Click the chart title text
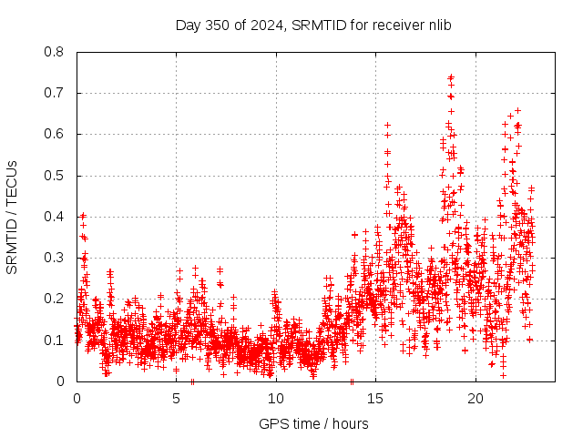coord(313,25)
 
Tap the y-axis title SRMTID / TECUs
coord(12,217)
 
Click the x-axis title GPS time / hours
coord(313,423)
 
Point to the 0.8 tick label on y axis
coord(55,52)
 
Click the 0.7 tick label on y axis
coord(55,93)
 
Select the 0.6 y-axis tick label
coord(55,134)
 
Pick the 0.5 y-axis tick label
coord(55,175)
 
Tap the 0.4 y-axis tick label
coord(55,217)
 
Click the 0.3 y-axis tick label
coord(55,258)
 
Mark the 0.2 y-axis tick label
coord(55,299)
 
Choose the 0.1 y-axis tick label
coord(55,340)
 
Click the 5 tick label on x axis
coord(176,399)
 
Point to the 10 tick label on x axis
coord(275,399)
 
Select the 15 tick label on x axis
coord(375,399)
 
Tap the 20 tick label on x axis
coord(475,399)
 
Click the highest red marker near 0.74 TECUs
coord(451,77)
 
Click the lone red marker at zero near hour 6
coord(192,381)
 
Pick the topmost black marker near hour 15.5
coord(387,125)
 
